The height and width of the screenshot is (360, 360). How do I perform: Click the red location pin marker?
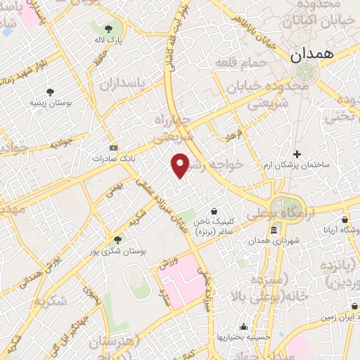(x=181, y=165)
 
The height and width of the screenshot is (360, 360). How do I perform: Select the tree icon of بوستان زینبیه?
(x=50, y=91)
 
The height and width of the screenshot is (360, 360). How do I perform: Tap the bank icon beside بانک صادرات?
(x=114, y=148)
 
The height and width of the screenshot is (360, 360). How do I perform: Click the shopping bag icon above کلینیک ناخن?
(x=214, y=211)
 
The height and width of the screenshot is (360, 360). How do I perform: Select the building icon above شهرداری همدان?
(x=274, y=231)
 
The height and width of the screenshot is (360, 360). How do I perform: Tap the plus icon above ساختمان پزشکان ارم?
(x=297, y=154)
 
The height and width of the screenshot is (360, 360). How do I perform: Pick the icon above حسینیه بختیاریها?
(x=243, y=326)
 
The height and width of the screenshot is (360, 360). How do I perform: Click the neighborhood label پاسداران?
(x=121, y=86)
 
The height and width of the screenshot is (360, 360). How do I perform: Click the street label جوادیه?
(x=61, y=143)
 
